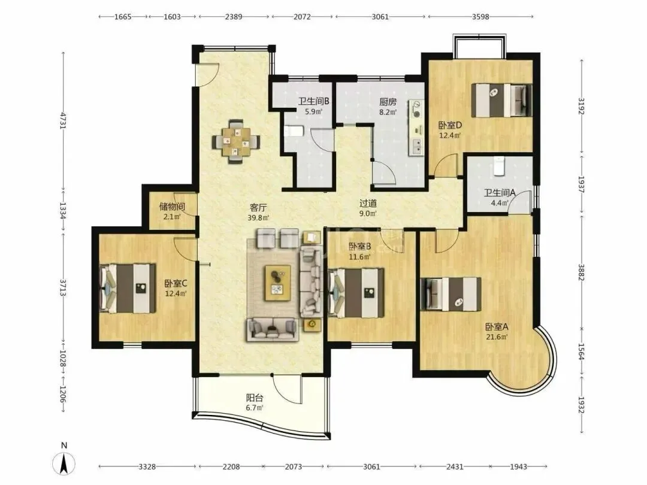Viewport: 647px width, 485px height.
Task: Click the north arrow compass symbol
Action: click(x=64, y=463)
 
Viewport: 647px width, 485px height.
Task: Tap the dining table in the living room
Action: click(x=235, y=142)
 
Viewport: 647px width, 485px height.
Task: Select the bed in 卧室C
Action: click(x=128, y=288)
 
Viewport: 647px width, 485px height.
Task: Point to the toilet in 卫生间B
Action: click(x=294, y=131)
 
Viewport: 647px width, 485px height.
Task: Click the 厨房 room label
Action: click(x=388, y=101)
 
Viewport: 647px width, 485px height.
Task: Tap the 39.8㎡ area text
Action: click(x=258, y=217)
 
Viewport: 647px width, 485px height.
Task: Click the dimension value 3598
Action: click(x=480, y=17)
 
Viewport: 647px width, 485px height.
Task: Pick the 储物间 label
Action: click(x=172, y=206)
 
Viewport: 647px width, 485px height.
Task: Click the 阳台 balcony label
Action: click(x=255, y=398)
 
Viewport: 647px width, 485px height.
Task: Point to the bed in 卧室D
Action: click(x=501, y=100)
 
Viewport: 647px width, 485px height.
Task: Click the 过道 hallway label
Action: click(x=368, y=204)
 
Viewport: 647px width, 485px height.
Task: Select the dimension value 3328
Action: click(x=147, y=467)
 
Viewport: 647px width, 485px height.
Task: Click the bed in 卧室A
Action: click(x=451, y=293)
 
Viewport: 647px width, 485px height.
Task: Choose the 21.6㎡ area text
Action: click(x=497, y=337)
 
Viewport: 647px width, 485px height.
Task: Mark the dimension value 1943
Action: click(x=518, y=467)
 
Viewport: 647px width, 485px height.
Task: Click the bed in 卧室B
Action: click(x=356, y=293)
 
